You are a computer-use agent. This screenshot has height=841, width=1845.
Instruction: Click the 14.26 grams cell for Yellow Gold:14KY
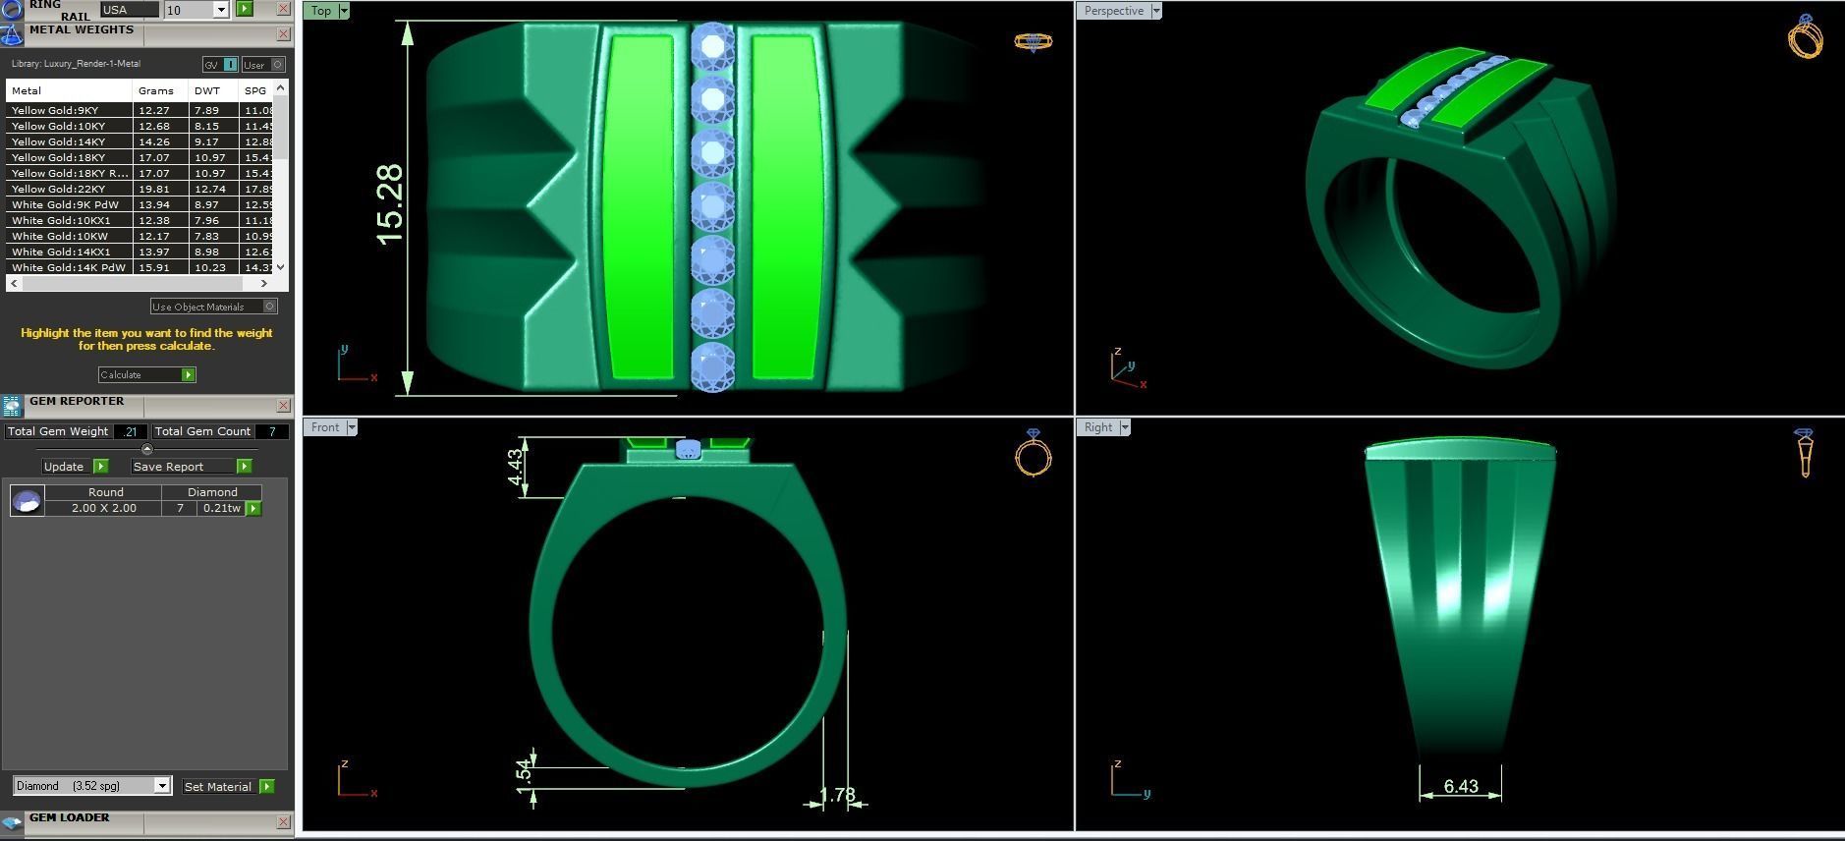click(x=155, y=141)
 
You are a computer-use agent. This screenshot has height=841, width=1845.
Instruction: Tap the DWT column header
click(x=207, y=90)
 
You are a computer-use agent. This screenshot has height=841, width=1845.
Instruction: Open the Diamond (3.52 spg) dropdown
click(x=162, y=786)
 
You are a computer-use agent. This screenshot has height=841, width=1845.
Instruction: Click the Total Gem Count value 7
click(x=272, y=431)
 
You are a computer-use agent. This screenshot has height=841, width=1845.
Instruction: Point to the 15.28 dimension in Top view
click(x=389, y=204)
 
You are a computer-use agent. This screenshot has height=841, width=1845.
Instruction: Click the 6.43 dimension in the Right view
click(x=1461, y=786)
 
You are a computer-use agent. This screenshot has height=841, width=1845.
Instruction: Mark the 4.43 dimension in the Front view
click(x=515, y=467)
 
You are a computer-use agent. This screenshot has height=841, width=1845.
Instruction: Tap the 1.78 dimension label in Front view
click(x=836, y=795)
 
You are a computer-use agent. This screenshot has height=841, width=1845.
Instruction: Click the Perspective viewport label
click(x=1114, y=11)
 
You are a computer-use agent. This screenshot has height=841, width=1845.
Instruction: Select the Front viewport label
click(x=324, y=427)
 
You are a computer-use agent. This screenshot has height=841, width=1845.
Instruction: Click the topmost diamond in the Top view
click(x=712, y=45)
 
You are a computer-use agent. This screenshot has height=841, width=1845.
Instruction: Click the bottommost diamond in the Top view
click(x=712, y=366)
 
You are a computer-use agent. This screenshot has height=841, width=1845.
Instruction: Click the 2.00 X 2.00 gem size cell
click(x=103, y=508)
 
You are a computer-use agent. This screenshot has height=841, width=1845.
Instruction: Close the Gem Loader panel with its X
click(x=283, y=821)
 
